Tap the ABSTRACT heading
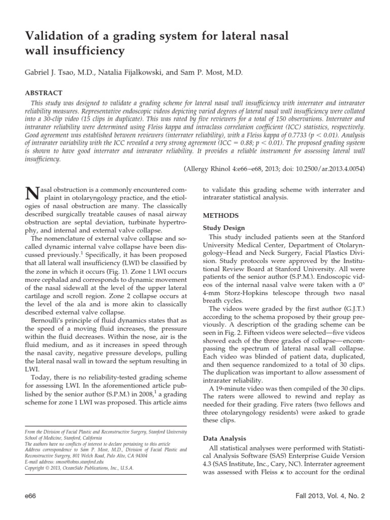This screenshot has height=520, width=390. coord(44,93)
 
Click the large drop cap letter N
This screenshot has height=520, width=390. coord(31,194)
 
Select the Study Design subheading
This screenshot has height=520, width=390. coord(224,227)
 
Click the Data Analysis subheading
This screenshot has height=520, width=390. coord(224,438)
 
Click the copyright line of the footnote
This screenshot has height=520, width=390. coord(79,468)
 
